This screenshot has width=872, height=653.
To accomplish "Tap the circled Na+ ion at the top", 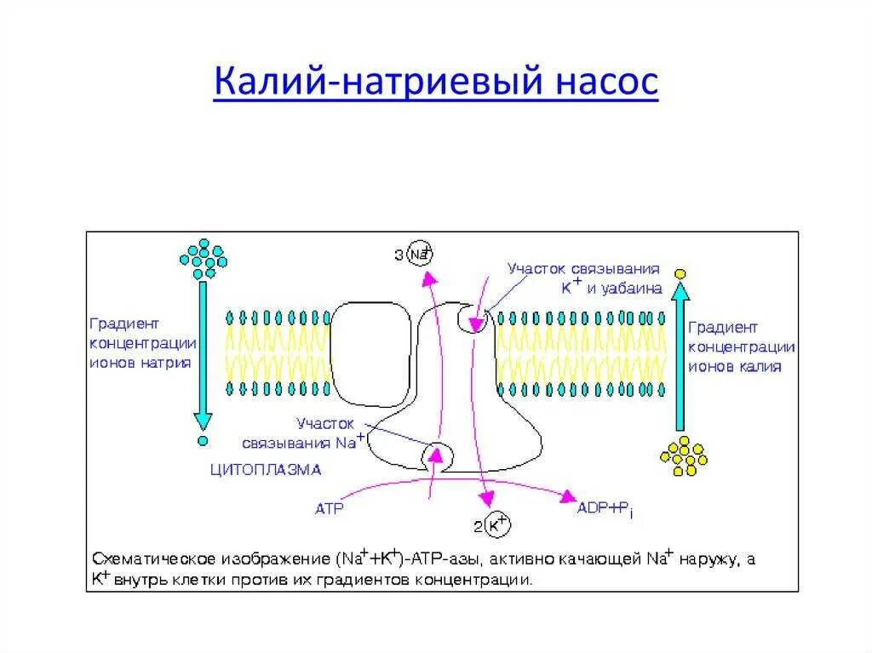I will point(419,254).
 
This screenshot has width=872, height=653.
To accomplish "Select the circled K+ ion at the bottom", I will point(496,526).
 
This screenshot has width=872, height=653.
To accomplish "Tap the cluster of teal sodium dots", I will point(203,258).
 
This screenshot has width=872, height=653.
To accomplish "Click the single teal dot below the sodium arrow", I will point(202,442).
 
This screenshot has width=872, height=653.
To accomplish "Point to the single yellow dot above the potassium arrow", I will point(680,273).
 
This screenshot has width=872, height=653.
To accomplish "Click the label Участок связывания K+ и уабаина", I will point(584,278).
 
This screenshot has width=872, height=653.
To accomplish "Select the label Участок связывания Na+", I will point(301,432).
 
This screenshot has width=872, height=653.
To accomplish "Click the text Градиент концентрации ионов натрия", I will point(141,342).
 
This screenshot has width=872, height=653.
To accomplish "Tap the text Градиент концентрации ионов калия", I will point(741,347).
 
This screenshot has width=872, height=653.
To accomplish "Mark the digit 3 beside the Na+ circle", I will point(399,255).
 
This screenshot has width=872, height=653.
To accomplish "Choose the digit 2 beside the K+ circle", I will point(477,526).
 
